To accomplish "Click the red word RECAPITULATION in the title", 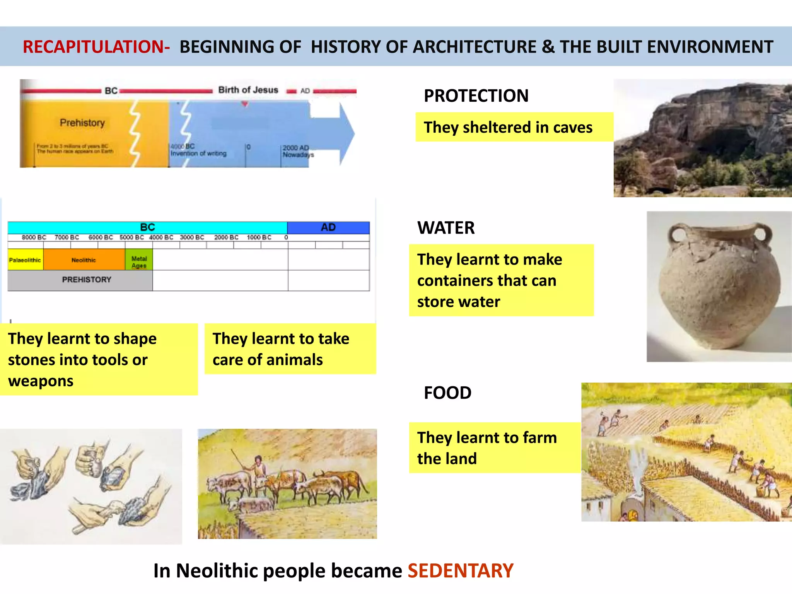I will tap(96, 47).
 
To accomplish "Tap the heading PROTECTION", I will tap(476, 96).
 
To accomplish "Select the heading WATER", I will tap(446, 228).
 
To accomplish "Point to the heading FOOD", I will tap(447, 393).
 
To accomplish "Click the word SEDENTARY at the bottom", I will tap(461, 571).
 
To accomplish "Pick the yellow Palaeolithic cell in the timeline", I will tap(25, 260).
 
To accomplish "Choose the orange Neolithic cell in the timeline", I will tap(84, 260).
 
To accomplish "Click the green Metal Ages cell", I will tap(139, 261).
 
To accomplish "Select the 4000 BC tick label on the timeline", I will tap(161, 237).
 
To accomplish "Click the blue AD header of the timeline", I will tap(328, 227).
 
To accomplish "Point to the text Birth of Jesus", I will tap(248, 90).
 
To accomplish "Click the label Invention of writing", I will tap(198, 154).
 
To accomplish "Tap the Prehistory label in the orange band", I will tap(82, 123).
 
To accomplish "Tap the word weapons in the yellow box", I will tap(41, 381).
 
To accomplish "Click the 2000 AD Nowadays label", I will tap(297, 151).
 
